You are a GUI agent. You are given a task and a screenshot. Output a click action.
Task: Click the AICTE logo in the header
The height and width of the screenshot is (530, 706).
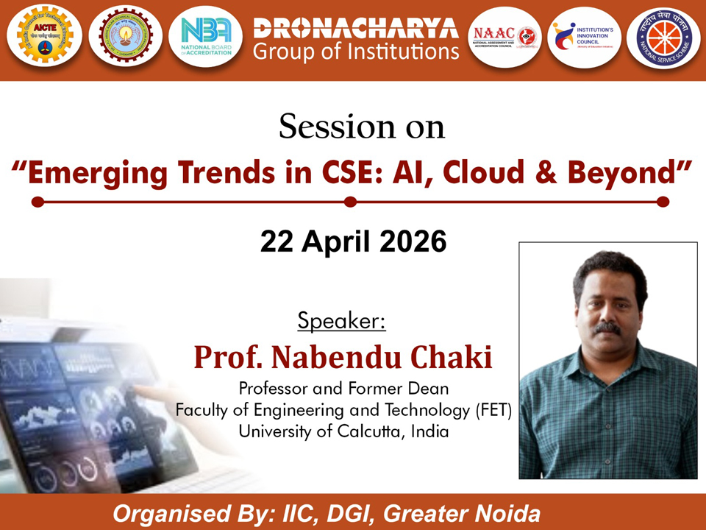coord(41,37)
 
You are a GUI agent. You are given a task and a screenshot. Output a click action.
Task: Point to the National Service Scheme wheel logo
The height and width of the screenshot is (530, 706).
coord(663,37)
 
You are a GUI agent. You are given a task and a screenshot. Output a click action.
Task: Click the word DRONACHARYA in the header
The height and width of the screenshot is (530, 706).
coord(355,28)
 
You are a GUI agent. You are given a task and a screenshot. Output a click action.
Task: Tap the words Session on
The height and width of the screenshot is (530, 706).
coord(362,127)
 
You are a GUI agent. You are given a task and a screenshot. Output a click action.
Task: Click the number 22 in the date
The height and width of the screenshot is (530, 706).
coord(277,242)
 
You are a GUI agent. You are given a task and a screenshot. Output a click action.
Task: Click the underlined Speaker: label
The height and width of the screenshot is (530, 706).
coord(341,322)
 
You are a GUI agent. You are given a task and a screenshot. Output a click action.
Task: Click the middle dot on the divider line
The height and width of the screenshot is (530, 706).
coord(351,201)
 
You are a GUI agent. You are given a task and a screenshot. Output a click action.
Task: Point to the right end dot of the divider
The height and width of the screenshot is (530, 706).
coord(663,201)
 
